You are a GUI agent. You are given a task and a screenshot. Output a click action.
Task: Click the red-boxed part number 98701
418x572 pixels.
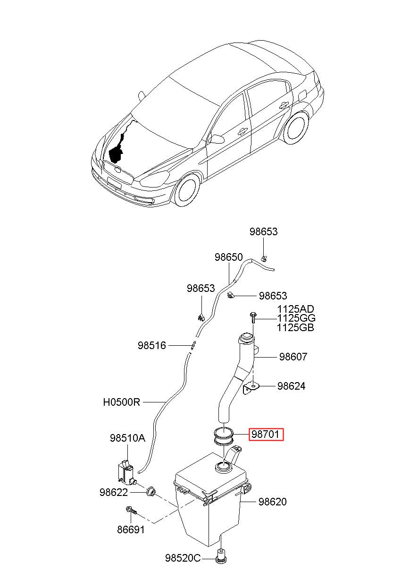266,434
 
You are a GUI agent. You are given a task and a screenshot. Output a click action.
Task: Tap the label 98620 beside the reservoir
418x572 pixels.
272,502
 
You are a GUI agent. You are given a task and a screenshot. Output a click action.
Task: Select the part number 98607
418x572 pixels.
293,357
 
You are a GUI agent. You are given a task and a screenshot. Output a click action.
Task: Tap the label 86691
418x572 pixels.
131,529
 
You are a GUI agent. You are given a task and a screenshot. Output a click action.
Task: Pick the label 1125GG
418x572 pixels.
296,318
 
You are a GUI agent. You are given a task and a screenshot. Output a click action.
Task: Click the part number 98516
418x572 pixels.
152,345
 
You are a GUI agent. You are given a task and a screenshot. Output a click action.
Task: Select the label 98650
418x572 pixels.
228,257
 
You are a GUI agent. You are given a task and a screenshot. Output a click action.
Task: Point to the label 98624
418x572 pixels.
291,386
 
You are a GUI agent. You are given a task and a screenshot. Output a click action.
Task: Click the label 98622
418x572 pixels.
114,492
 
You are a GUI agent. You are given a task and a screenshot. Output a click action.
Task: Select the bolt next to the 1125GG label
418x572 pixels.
253,318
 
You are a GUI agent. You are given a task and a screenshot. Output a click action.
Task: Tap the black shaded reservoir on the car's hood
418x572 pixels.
116,154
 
